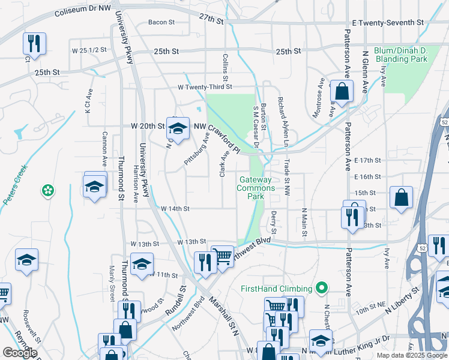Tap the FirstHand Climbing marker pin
322,289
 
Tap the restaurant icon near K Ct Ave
33,43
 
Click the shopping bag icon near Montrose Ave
342,92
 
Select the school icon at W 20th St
177,128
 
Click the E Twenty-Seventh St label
388,22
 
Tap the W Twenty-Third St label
204,87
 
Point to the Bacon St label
161,22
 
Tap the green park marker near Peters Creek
47,191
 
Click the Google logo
20,353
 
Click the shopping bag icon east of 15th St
400,197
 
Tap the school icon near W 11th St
142,264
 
